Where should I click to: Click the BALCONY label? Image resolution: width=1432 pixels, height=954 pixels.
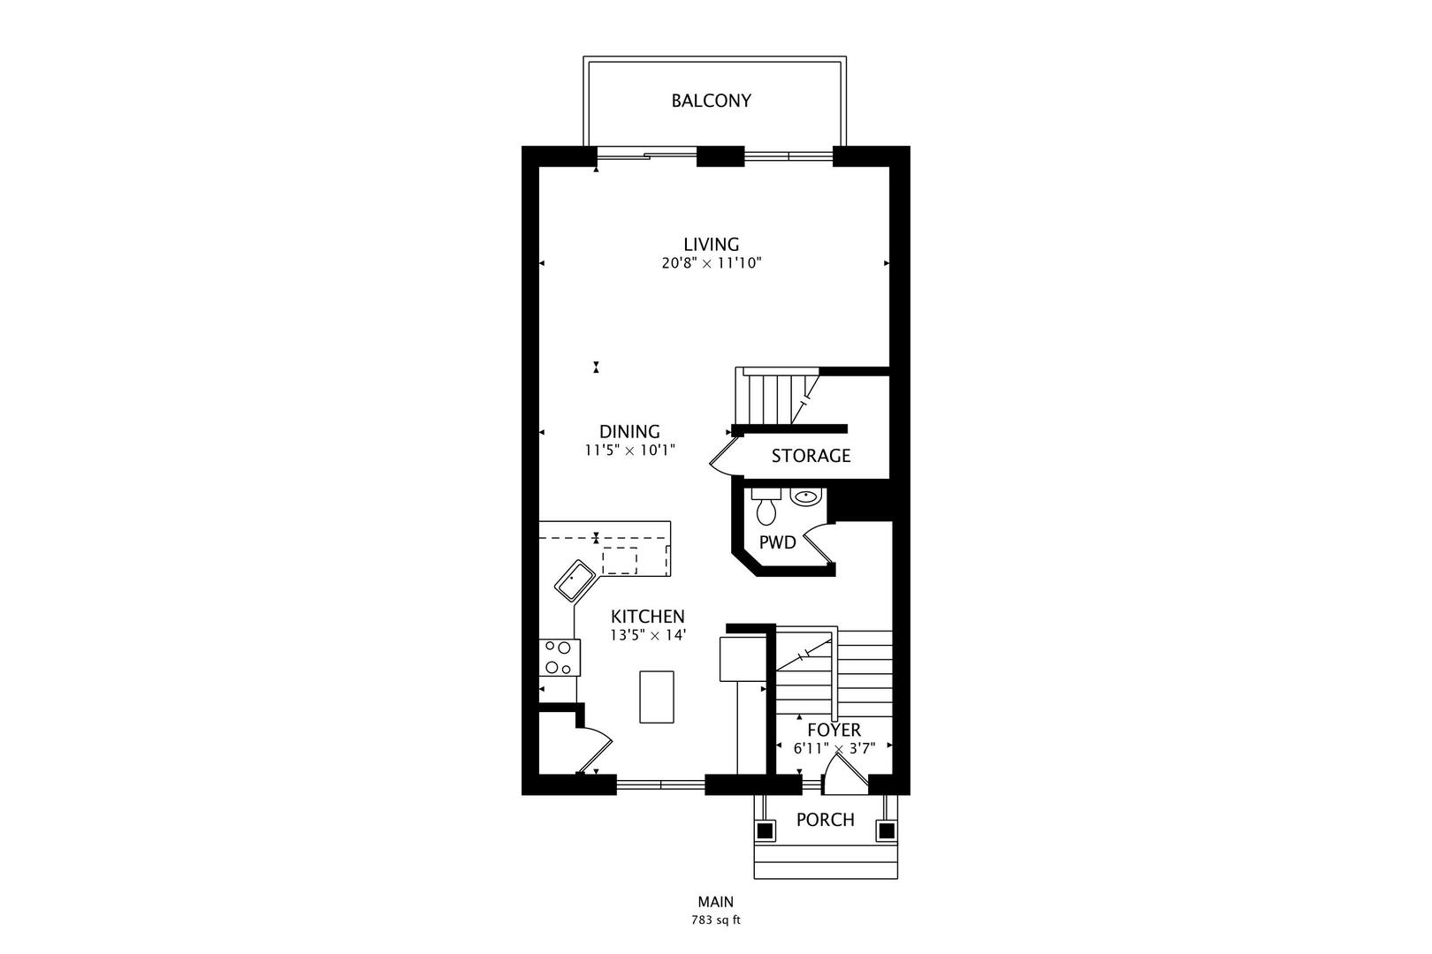[x=711, y=101]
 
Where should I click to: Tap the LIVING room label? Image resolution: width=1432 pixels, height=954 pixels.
[x=712, y=244]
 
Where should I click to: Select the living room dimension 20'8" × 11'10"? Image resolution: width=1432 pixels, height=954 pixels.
[x=712, y=263]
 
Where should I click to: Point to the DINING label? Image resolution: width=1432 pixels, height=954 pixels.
[x=629, y=431]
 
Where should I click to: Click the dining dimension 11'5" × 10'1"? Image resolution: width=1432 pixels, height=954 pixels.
[x=629, y=450]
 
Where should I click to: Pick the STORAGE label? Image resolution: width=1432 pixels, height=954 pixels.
[x=811, y=456]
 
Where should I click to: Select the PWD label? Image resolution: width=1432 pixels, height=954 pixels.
[x=777, y=542]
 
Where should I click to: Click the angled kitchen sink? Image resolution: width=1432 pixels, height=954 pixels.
[x=575, y=581]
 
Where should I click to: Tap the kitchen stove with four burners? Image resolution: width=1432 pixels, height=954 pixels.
[x=560, y=657]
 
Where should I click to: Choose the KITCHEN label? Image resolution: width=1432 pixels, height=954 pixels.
[x=648, y=617]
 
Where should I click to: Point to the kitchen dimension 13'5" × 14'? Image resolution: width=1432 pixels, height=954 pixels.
[x=648, y=636]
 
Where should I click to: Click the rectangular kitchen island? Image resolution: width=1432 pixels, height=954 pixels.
[x=657, y=697]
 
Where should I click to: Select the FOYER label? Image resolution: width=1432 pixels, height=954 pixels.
[x=834, y=730]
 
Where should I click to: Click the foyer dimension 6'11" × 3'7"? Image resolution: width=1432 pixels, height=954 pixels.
[x=834, y=748]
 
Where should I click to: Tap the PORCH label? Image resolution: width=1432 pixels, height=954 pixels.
[x=826, y=820]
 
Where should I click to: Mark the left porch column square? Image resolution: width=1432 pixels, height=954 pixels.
[x=765, y=830]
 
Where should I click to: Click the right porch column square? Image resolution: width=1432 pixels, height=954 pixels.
[x=887, y=830]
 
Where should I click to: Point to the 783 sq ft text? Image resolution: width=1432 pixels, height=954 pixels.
[x=716, y=920]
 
